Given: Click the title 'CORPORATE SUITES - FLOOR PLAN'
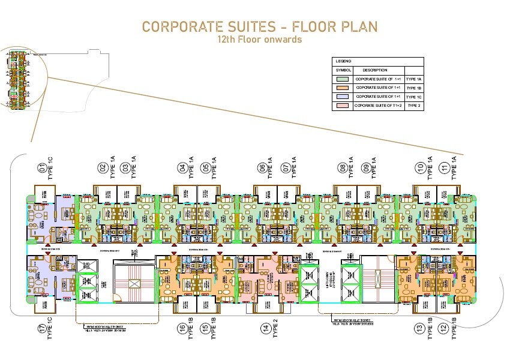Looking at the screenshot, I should coord(260,27).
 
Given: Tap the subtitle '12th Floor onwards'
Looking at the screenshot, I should coord(259,40).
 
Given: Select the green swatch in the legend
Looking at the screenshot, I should coord(343,79).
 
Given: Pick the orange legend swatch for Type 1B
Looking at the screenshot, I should coord(343,88).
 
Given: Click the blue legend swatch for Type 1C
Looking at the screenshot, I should coord(343,97).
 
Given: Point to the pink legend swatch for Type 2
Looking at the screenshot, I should coord(343,106).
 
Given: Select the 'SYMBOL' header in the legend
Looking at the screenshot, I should coord(343,70).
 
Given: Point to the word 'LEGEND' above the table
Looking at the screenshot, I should coord(344,61).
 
